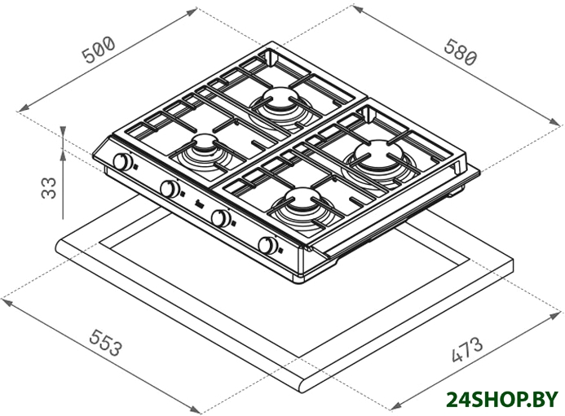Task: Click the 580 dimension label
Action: click(461, 52)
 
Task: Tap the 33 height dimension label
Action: click(49, 188)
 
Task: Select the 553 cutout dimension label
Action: click(105, 342)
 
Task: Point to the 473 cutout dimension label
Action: click(466, 349)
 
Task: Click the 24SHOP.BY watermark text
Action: click(502, 400)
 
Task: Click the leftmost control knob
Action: click(122, 161)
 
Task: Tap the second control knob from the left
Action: click(170, 188)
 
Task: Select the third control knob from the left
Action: click(220, 217)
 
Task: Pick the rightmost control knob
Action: click(267, 246)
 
